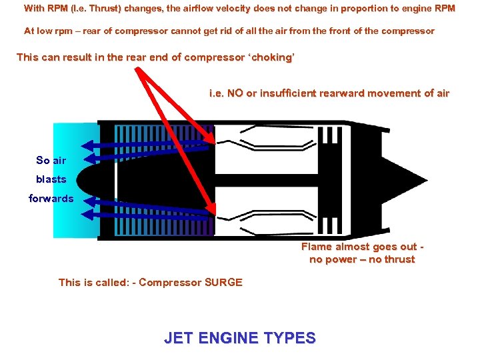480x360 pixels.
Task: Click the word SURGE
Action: [x=225, y=283]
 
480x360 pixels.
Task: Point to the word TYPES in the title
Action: [x=289, y=339]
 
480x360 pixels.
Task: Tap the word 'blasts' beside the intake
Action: [x=51, y=179]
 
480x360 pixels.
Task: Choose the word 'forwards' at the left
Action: [x=51, y=199]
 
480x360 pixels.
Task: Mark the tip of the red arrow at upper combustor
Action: [x=213, y=142]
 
